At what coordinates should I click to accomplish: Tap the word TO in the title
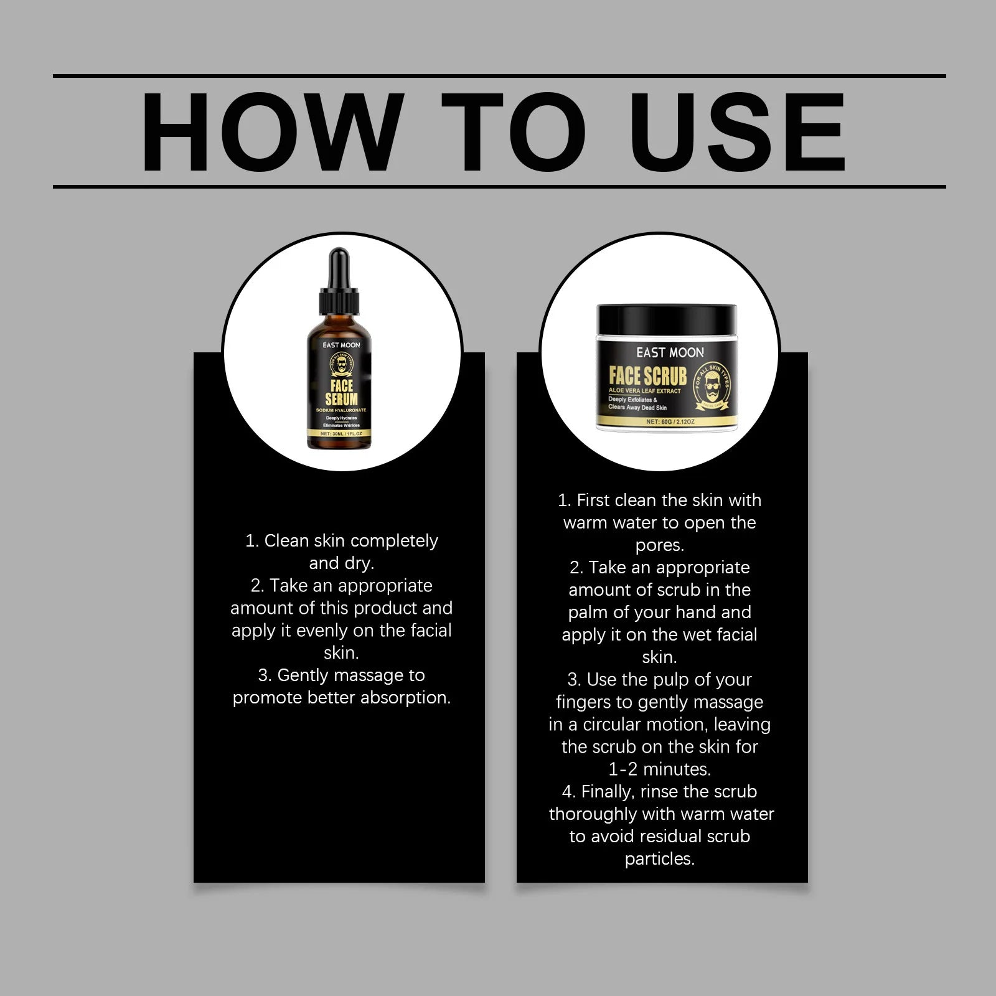tap(514, 132)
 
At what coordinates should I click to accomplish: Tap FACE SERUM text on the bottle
tap(341, 392)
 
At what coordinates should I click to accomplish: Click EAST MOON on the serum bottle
tap(341, 345)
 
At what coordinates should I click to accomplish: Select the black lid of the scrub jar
tap(667, 319)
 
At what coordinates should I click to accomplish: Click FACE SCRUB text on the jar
tap(647, 376)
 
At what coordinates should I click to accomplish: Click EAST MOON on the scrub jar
tap(670, 352)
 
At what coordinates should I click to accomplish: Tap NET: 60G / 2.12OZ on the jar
tap(670, 421)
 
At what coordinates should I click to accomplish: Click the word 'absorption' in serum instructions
tap(405, 698)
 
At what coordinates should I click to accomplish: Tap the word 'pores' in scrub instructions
tap(658, 546)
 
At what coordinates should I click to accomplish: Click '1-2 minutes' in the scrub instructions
tap(659, 769)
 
